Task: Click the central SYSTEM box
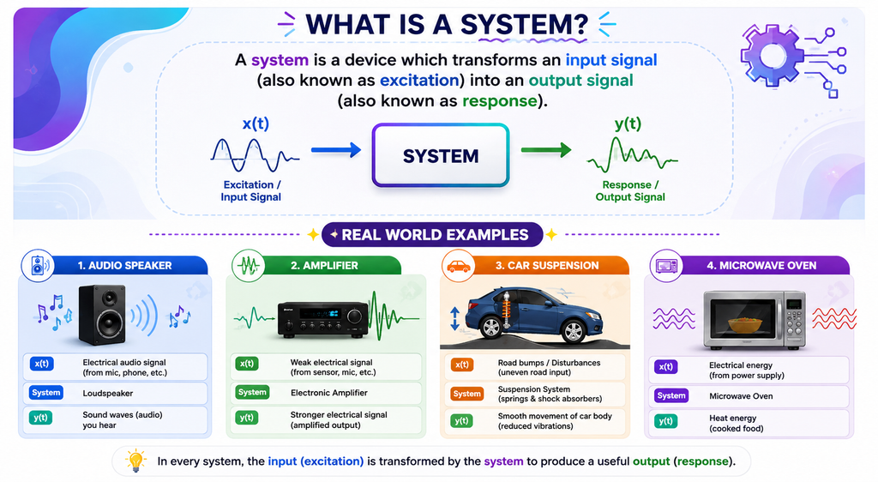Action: click(x=441, y=155)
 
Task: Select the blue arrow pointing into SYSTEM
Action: click(x=336, y=149)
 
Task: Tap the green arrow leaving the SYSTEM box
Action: click(x=546, y=149)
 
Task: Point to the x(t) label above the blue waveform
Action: click(x=256, y=124)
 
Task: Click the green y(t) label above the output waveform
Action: click(x=628, y=124)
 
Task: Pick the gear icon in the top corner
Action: click(x=773, y=55)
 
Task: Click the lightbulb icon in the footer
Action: click(x=135, y=461)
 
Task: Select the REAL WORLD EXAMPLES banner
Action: click(x=432, y=234)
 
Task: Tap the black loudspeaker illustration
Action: click(x=101, y=315)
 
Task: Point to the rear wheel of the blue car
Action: click(x=490, y=327)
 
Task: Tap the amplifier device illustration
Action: click(x=323, y=319)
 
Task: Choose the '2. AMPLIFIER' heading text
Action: click(x=324, y=265)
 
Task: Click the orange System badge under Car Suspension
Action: click(x=467, y=394)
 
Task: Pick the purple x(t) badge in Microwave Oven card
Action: click(x=665, y=367)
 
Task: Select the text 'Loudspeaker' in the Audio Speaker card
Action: click(x=108, y=393)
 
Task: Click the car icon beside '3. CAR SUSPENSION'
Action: click(x=458, y=265)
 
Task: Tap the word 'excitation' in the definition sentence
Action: click(x=419, y=80)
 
